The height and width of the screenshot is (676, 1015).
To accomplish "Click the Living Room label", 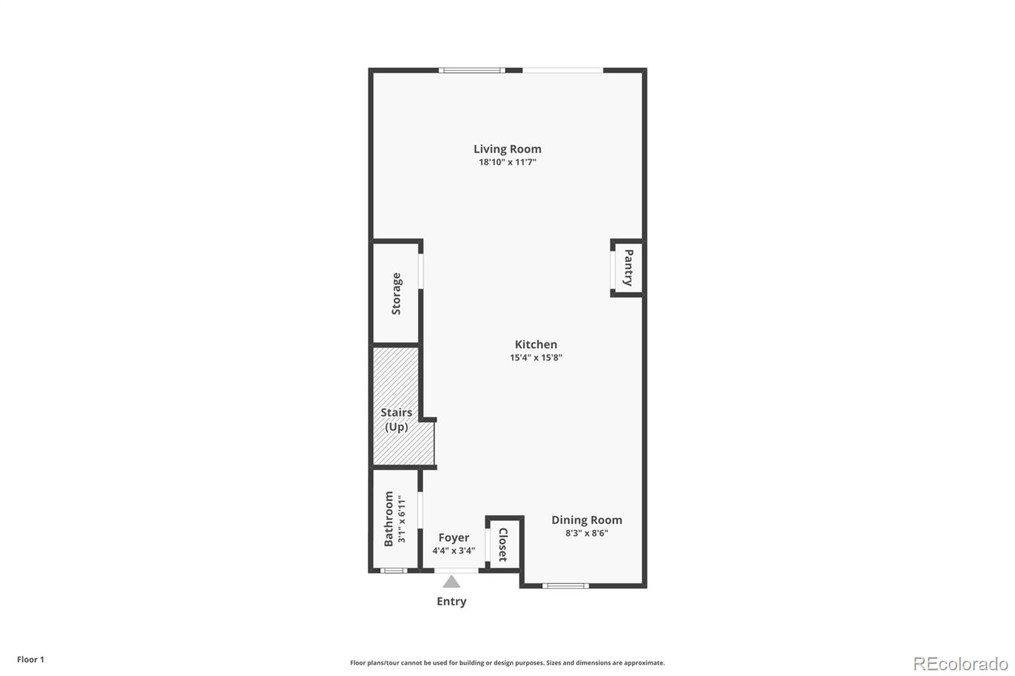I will (x=507, y=149).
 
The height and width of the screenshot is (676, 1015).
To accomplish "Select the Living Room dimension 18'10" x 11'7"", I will (x=507, y=162).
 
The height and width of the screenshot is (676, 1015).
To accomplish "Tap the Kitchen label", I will (x=535, y=344).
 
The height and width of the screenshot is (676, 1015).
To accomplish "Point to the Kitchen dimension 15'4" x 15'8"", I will (x=535, y=358).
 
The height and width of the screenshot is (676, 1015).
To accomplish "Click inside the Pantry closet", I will (x=627, y=268).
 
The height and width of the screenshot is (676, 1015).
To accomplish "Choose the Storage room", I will (x=396, y=294).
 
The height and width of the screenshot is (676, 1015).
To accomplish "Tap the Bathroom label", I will (x=389, y=519).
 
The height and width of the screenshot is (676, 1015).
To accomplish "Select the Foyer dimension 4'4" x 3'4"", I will (x=454, y=550).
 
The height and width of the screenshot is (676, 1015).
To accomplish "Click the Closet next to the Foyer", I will (x=503, y=544).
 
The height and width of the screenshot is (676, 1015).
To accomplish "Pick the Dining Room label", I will (x=586, y=520).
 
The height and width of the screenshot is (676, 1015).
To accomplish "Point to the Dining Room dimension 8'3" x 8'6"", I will (x=586, y=533).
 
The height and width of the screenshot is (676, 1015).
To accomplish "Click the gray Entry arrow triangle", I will (x=451, y=582).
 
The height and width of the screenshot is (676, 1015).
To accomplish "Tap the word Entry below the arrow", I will (x=451, y=601).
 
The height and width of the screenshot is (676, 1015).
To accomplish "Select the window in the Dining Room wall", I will (x=565, y=586).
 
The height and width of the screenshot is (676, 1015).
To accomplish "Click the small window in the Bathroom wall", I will (x=393, y=571).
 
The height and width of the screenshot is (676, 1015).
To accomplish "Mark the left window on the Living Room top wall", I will (x=472, y=70).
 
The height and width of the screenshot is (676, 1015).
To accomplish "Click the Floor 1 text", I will (x=30, y=660).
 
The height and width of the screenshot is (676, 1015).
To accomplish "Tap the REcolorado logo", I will (x=960, y=664).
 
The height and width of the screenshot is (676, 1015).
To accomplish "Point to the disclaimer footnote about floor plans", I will (x=507, y=663).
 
